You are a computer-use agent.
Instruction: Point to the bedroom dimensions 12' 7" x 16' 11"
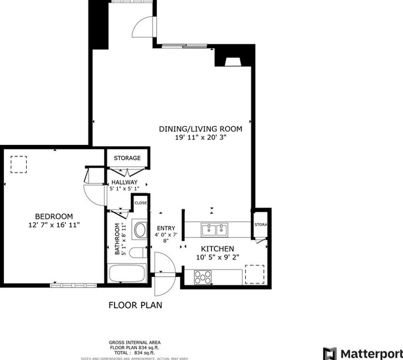point(54,225)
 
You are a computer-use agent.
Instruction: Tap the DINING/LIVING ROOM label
point(200,129)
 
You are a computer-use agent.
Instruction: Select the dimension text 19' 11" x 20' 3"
point(200,137)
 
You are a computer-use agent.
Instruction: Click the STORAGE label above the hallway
point(127,158)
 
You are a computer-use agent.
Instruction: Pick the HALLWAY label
point(124,182)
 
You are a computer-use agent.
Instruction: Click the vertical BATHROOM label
point(117,238)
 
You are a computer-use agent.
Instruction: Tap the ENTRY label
point(165,228)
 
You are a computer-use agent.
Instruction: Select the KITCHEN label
point(217,249)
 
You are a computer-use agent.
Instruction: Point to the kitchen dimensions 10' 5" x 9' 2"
point(217,257)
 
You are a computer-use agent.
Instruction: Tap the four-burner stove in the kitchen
point(203,277)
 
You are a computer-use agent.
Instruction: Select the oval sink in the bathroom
point(140,231)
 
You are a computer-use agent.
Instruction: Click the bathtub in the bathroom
point(127,274)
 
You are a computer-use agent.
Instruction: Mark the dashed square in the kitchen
point(254,274)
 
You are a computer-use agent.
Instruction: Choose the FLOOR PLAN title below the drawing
point(135,305)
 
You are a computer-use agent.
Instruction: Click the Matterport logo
point(362,354)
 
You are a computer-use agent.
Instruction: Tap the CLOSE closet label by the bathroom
point(140,203)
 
